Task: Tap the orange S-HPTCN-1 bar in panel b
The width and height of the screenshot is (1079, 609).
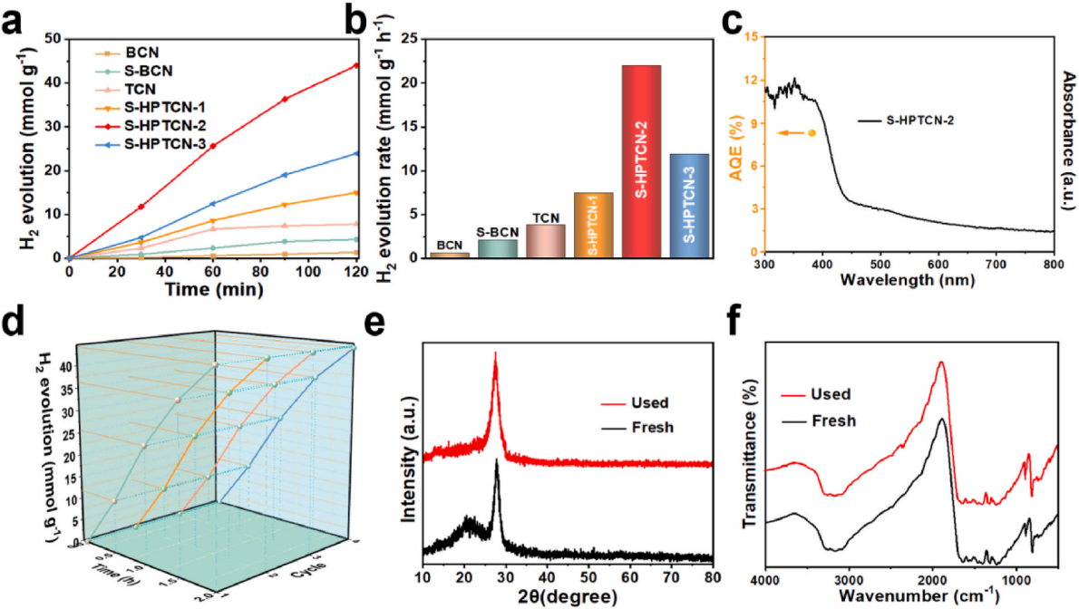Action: [x=594, y=226]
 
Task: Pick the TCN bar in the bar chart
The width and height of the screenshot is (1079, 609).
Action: [x=546, y=241]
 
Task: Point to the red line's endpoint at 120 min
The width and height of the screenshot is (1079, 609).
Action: [x=357, y=65]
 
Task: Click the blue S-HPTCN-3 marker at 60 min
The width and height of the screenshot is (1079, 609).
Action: [x=213, y=204]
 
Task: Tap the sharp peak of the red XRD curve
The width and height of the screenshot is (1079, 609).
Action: [x=495, y=354]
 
